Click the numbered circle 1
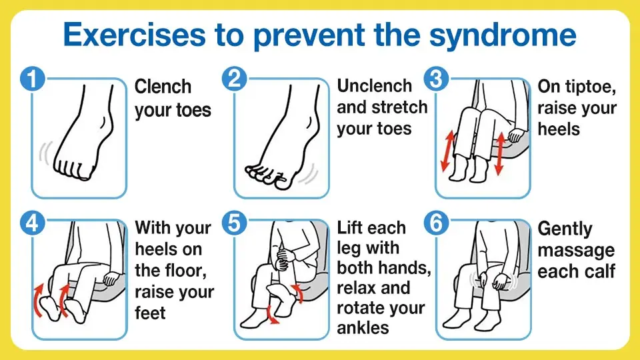click(x=32, y=79)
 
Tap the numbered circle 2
click(x=234, y=79)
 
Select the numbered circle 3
click(x=436, y=79)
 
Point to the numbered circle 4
click(x=32, y=223)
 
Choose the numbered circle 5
click(x=234, y=223)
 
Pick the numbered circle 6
click(x=436, y=223)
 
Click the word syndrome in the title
click(x=503, y=36)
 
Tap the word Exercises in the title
click(x=134, y=34)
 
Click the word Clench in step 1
click(x=163, y=87)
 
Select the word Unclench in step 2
click(x=374, y=86)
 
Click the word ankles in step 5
click(x=363, y=328)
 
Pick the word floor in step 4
click(x=186, y=271)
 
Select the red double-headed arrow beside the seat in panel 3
click(x=500, y=153)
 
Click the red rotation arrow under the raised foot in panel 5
click(x=272, y=315)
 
